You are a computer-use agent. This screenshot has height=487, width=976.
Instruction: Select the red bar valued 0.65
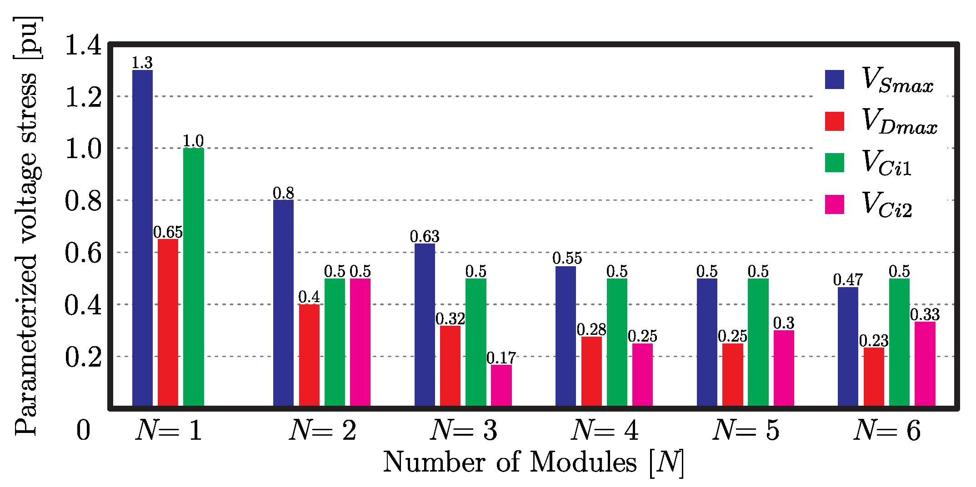click(168, 322)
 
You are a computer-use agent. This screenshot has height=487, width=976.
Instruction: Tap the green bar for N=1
click(194, 277)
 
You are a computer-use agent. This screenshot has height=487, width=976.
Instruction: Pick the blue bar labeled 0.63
click(425, 324)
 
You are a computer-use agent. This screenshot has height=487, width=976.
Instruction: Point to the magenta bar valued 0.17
click(501, 385)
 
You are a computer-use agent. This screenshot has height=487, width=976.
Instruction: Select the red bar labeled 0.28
click(591, 371)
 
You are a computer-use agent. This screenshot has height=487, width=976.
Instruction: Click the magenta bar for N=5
click(784, 368)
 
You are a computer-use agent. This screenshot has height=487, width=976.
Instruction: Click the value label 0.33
click(925, 314)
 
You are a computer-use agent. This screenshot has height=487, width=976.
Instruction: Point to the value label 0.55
click(567, 258)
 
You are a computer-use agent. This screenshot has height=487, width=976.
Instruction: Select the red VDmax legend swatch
click(835, 121)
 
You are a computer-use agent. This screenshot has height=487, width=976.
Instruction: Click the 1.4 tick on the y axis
click(83, 45)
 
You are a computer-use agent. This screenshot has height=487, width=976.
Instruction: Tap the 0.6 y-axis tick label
click(83, 253)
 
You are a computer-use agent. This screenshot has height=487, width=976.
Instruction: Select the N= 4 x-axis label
click(605, 430)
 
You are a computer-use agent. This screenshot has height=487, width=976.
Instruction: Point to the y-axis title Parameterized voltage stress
click(26, 227)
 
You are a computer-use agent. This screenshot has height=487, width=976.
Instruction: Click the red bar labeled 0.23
click(873, 377)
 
